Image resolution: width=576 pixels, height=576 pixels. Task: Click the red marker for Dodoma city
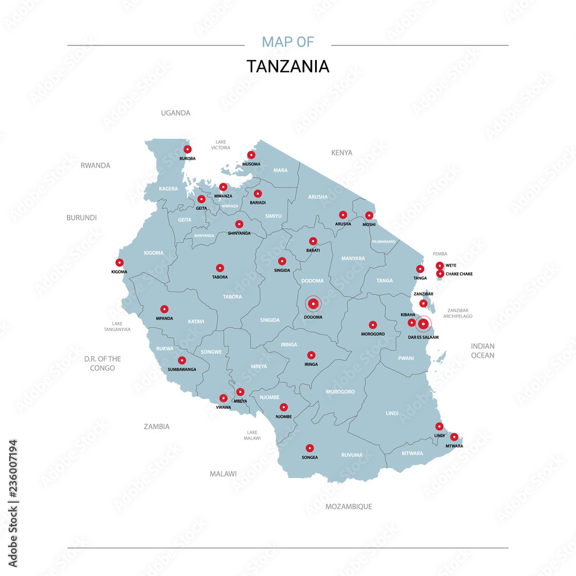tap(313, 304)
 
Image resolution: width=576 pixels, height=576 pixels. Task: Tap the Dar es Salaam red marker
tap(423, 324)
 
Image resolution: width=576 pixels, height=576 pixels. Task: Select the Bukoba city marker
tap(187, 149)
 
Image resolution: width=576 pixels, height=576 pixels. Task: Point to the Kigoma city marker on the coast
tap(119, 263)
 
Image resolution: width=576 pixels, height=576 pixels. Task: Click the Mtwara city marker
tap(454, 437)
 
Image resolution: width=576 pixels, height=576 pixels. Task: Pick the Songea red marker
tap(309, 448)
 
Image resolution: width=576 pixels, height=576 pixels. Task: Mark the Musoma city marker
tap(251, 155)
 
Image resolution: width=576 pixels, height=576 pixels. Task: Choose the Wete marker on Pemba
tap(440, 266)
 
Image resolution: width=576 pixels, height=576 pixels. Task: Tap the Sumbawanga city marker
tap(182, 361)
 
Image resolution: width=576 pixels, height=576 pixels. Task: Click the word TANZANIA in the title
tap(288, 66)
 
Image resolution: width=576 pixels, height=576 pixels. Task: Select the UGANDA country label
tap(175, 113)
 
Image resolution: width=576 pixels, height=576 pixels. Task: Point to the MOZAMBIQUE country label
tap(348, 506)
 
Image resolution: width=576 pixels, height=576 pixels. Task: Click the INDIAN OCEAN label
tap(483, 351)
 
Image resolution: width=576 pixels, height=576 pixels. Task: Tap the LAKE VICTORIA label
tap(221, 145)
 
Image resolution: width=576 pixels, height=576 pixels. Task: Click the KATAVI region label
tap(196, 321)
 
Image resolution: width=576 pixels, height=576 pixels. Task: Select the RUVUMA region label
tap(352, 455)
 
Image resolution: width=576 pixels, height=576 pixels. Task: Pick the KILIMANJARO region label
tap(384, 241)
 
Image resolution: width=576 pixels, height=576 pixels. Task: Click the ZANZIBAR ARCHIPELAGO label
tap(458, 313)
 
